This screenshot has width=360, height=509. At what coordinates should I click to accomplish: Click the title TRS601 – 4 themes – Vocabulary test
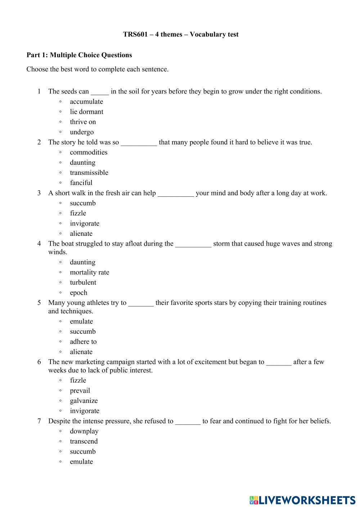click(x=180, y=35)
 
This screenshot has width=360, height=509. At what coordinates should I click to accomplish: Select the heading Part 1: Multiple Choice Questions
click(x=79, y=55)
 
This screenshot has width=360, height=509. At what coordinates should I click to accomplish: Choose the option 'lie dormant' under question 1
click(x=86, y=112)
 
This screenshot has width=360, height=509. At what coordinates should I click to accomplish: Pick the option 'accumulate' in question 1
click(x=86, y=102)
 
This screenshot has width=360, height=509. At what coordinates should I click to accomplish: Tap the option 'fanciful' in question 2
click(x=81, y=183)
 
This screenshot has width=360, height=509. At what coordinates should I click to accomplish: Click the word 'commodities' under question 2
click(x=89, y=153)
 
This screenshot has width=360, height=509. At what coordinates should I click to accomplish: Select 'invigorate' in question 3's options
click(x=85, y=223)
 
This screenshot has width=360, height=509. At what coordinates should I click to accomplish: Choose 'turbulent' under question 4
click(x=83, y=282)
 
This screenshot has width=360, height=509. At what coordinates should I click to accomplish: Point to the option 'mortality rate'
click(x=89, y=272)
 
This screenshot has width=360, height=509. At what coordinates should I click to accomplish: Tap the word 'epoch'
click(x=78, y=293)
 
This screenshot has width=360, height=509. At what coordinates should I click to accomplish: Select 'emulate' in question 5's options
click(x=81, y=322)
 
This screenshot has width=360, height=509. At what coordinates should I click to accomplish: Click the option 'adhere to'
click(x=83, y=342)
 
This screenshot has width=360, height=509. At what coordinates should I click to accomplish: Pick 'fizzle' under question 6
click(x=78, y=381)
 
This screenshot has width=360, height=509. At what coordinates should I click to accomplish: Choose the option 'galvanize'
click(x=84, y=401)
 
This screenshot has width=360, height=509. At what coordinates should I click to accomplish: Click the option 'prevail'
click(x=80, y=391)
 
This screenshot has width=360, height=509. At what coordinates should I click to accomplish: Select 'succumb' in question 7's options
click(x=83, y=451)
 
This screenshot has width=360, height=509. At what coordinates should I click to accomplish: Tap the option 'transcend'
click(x=84, y=441)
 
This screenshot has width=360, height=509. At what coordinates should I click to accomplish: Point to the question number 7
click(x=39, y=421)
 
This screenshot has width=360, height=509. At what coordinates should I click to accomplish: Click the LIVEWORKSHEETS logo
click(x=302, y=500)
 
